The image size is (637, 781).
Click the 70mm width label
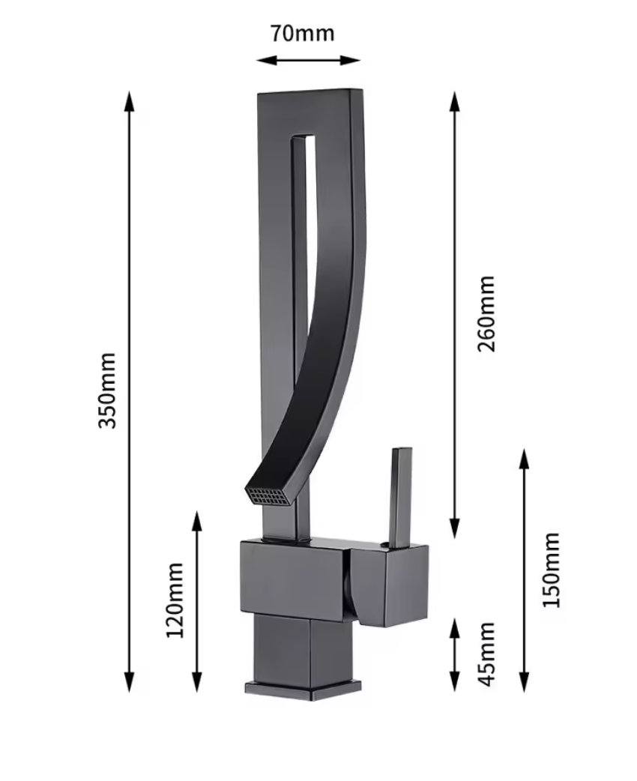tap(302, 34)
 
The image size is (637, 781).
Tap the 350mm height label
tap(109, 390)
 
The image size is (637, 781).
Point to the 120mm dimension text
tap(175, 600)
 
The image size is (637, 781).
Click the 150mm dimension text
tap(552, 570)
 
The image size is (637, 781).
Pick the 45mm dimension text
tap(486, 653)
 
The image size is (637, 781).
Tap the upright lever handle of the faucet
tap(399, 495)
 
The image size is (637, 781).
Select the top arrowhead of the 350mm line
tap(130, 100)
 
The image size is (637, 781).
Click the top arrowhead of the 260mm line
tap(454, 100)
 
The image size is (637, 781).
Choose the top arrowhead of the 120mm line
tap(197, 519)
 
